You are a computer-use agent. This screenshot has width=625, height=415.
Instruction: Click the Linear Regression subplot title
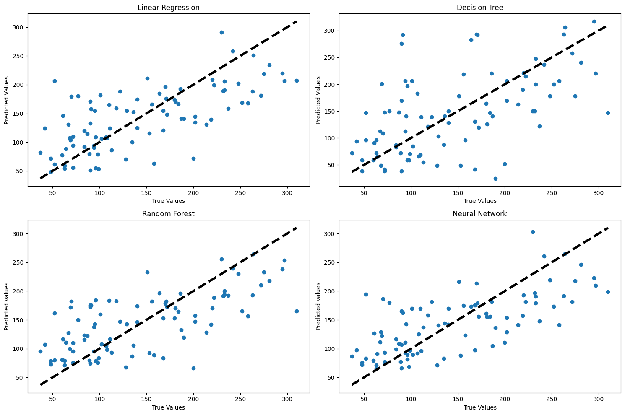click(x=168, y=8)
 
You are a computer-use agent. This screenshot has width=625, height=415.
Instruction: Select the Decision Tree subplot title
click(x=480, y=8)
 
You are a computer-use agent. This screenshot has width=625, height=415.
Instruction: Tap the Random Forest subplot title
click(x=168, y=214)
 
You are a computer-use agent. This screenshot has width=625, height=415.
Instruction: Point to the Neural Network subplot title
click(x=480, y=214)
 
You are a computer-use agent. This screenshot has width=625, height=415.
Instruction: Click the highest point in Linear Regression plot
click(x=221, y=32)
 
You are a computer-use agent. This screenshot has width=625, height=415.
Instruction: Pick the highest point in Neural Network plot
click(x=533, y=232)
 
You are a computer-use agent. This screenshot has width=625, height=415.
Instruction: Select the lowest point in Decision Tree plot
click(x=495, y=179)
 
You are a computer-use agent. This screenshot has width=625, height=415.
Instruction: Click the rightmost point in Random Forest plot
click(x=297, y=311)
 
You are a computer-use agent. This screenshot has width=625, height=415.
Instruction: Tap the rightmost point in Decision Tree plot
click(x=608, y=113)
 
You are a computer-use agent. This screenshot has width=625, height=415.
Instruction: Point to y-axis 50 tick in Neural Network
click(x=332, y=378)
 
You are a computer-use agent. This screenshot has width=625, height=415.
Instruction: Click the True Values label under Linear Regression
click(x=168, y=201)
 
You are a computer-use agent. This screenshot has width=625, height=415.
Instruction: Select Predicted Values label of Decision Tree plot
click(x=318, y=100)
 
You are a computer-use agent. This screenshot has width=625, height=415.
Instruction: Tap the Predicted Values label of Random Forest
click(x=7, y=306)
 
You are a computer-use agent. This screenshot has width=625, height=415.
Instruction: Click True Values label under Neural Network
click(x=480, y=407)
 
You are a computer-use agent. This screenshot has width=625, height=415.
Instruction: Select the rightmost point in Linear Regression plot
click(x=297, y=80)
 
